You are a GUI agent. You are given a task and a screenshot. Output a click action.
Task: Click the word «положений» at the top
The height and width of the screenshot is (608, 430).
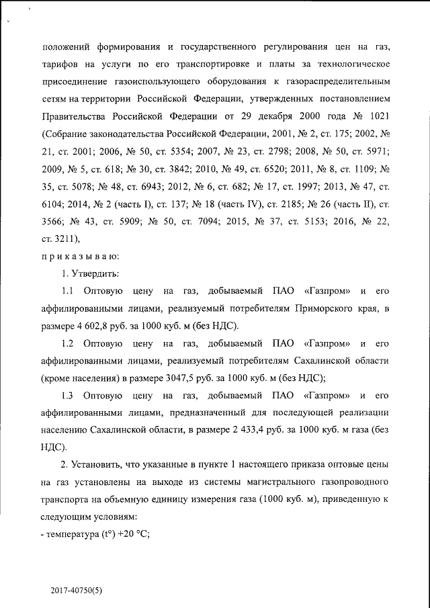[x=66, y=47]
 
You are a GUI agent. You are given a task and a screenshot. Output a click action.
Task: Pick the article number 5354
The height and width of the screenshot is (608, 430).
[x=169, y=152]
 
